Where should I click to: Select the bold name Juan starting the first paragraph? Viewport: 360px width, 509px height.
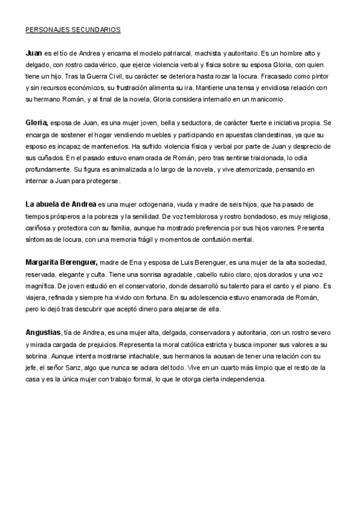click(34, 53)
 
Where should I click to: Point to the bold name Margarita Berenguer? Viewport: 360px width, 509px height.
click(62, 262)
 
